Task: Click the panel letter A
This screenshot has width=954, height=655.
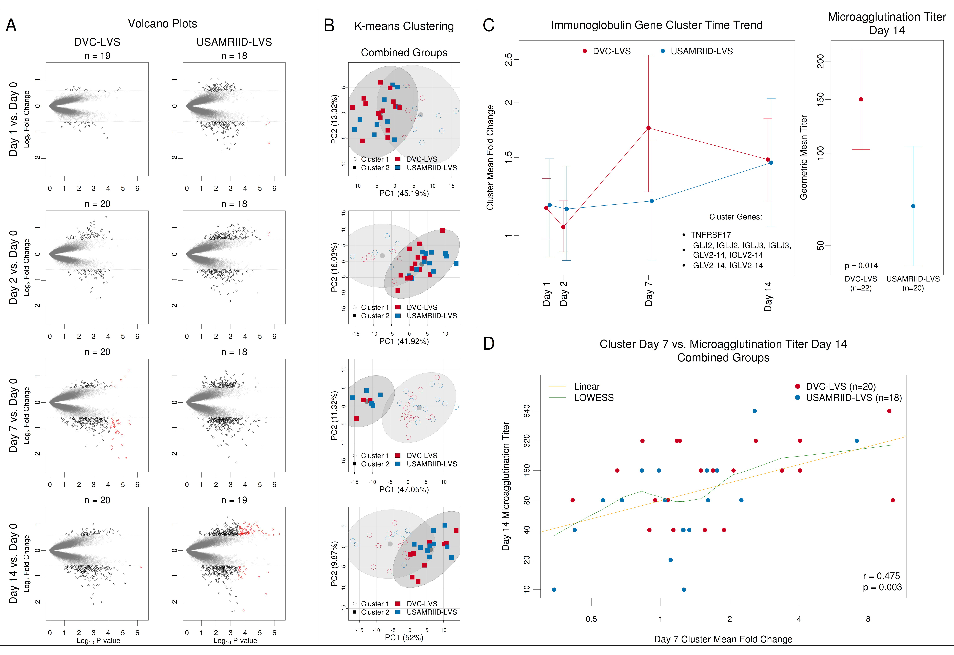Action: (x=11, y=25)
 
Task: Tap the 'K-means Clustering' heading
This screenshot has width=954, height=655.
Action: (x=404, y=26)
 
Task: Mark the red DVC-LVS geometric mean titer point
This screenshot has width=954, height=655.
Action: (x=861, y=99)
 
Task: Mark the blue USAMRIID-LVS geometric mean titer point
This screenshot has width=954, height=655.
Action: (x=913, y=206)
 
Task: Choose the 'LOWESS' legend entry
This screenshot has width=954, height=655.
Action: (x=594, y=397)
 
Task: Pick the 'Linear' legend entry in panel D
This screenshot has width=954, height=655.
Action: (x=587, y=386)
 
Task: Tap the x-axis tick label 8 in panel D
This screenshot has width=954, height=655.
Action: (x=868, y=619)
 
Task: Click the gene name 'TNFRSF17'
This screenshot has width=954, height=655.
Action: (x=711, y=235)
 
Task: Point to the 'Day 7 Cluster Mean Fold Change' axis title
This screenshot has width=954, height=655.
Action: (x=723, y=639)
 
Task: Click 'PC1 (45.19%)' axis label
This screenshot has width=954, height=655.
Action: (x=404, y=193)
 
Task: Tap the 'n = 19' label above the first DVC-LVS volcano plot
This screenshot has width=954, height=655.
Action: (x=97, y=56)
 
